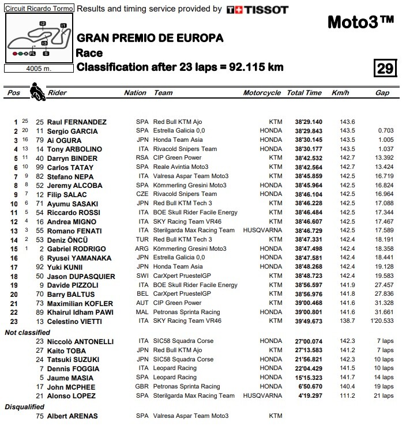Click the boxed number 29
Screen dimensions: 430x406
pos(385,69)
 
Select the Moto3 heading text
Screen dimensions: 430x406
pos(360,22)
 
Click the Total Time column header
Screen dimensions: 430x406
pos(304,93)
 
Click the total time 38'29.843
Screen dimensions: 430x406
pos(308,131)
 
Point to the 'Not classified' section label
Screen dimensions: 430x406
pos(27,333)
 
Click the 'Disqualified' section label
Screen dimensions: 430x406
pos(24,407)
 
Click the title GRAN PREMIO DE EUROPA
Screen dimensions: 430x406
pos(150,39)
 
